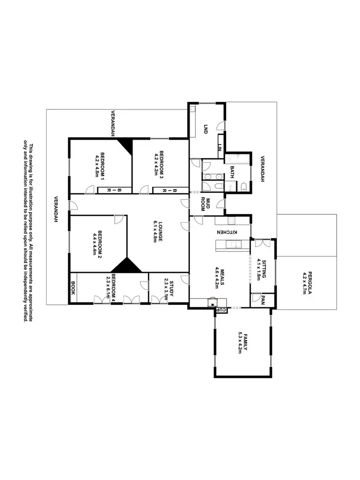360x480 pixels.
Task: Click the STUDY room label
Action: (169, 287)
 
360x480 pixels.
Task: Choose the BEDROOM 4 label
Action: (111, 286)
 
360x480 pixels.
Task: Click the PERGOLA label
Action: (306, 283)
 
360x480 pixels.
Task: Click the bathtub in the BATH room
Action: (237, 158)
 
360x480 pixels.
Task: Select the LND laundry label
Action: (205, 129)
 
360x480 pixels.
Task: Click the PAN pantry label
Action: (264, 300)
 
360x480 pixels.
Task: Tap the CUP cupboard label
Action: (222, 310)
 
